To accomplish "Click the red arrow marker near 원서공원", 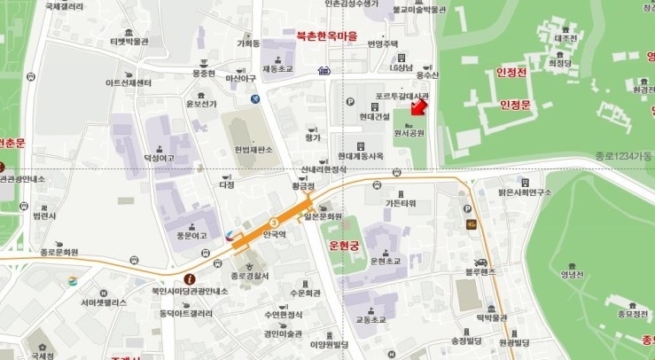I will coord(420,108).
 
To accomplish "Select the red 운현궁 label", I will coord(347,242).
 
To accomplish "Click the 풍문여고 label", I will coord(191,236).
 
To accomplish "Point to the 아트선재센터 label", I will coord(129,82).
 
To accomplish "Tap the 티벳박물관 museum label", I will coord(129,41).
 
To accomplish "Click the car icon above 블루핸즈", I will coord(480,262).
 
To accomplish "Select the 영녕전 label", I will coord(574,274).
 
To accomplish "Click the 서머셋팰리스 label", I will coord(105,302).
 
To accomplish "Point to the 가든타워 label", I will coord(401,203).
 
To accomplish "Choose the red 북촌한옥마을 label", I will coord(327,36).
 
